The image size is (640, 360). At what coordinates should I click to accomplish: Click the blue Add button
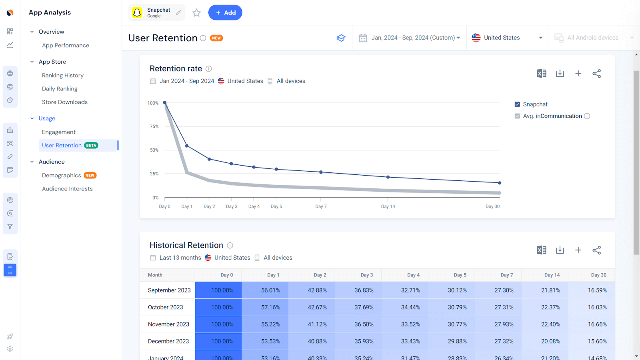tap(225, 13)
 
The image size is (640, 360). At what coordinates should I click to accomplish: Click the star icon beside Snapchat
tap(196, 13)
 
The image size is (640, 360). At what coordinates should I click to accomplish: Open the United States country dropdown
tap(507, 38)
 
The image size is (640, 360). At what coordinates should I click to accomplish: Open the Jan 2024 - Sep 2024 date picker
tap(410, 38)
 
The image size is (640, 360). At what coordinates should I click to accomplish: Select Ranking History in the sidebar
tap(63, 75)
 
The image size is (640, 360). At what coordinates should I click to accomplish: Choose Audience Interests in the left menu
tap(67, 189)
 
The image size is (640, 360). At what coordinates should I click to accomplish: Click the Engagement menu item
tap(59, 132)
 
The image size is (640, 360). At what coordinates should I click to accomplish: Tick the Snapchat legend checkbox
tap(517, 104)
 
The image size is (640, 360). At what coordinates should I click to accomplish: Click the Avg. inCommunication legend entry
tap(552, 116)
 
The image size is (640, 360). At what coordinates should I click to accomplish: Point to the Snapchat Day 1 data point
tap(187, 146)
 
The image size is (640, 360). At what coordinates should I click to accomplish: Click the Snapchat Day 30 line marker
tap(500, 183)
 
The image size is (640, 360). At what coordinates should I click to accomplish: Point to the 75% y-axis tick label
tap(154, 126)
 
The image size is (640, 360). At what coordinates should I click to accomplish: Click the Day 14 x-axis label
tap(388, 206)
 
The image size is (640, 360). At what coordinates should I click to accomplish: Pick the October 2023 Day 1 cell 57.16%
tap(270, 307)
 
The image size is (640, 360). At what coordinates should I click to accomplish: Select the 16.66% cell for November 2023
tap(597, 324)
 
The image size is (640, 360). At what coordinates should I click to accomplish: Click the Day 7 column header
tap(506, 275)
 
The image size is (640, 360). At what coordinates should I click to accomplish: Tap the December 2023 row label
tap(168, 341)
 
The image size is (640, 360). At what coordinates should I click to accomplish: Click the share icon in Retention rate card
tap(596, 74)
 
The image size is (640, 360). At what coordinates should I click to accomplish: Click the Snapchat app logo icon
tap(137, 13)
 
